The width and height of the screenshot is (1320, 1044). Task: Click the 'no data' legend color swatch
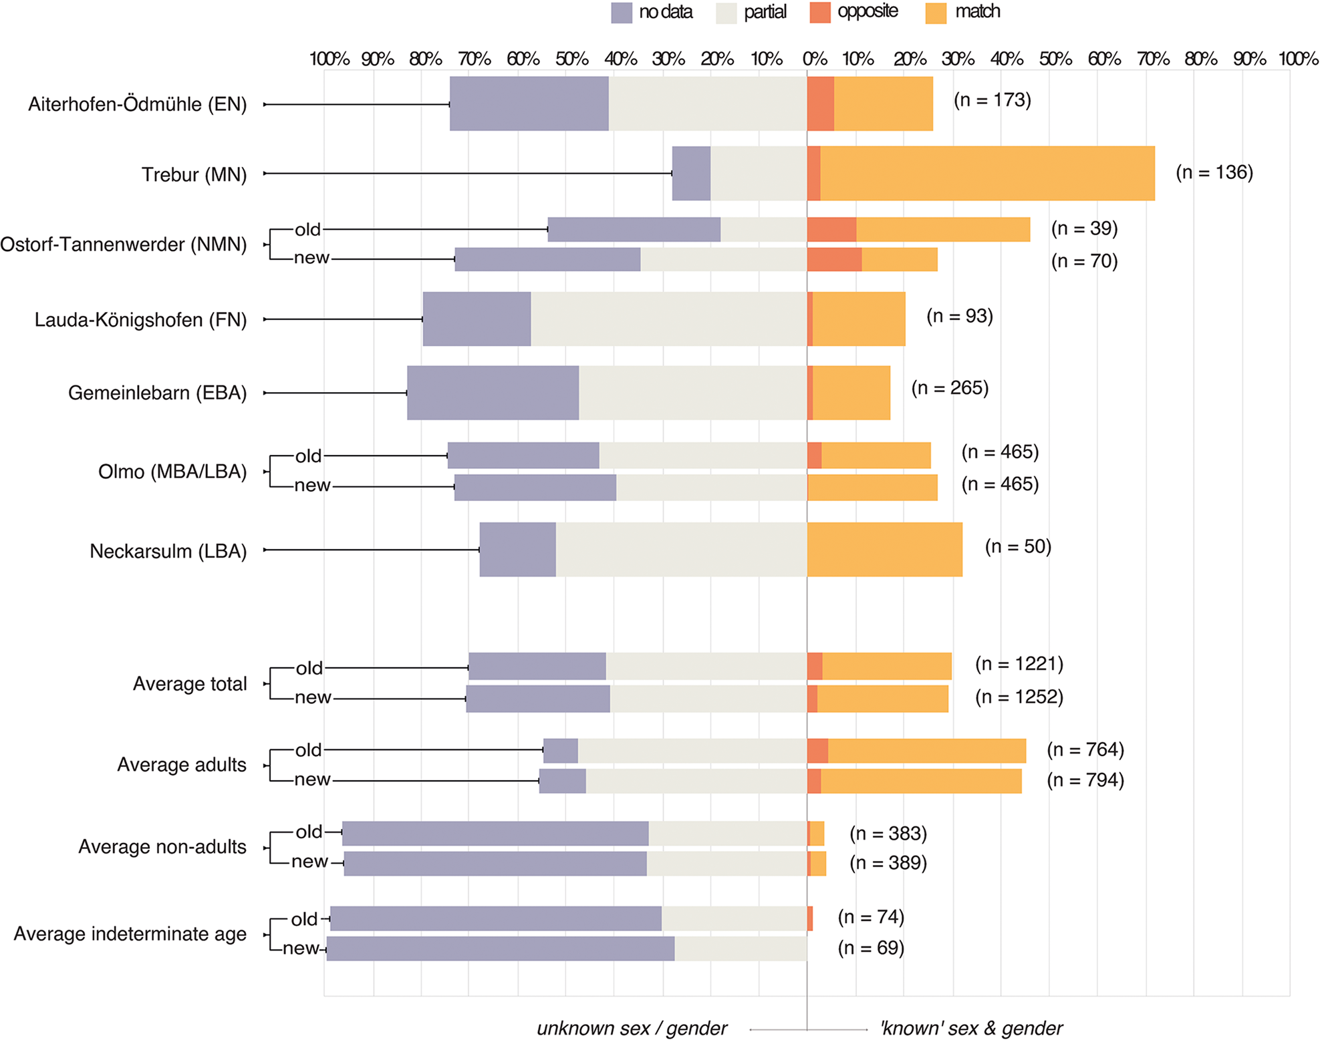(622, 13)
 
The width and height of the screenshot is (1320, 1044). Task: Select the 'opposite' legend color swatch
(820, 13)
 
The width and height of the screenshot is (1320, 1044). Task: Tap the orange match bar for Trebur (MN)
(987, 174)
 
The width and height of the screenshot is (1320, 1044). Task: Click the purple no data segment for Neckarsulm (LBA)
(518, 550)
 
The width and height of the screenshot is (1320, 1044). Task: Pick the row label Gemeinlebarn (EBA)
(157, 393)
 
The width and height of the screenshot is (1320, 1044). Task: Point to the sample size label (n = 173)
(992, 100)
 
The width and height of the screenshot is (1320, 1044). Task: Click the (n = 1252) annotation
(1019, 697)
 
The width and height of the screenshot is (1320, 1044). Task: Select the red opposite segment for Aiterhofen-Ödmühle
(821, 104)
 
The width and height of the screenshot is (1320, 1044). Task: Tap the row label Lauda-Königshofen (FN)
(140, 320)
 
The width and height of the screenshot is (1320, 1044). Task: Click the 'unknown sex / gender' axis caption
(632, 1029)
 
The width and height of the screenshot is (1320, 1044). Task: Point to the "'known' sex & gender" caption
(971, 1029)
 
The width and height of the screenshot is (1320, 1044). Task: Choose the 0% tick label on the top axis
(815, 59)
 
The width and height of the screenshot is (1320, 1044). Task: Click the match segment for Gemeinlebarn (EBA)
(851, 393)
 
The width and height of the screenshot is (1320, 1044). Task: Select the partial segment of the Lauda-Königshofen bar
(669, 319)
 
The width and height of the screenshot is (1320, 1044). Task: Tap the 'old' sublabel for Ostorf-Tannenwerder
(308, 230)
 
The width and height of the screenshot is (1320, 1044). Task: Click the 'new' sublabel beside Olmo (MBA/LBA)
(312, 486)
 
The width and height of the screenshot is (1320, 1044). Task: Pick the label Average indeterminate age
(130, 934)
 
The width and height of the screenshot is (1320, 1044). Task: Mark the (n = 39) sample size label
(1084, 228)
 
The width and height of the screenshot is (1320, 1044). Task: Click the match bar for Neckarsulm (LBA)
(885, 550)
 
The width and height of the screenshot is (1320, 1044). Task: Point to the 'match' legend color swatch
(936, 13)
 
